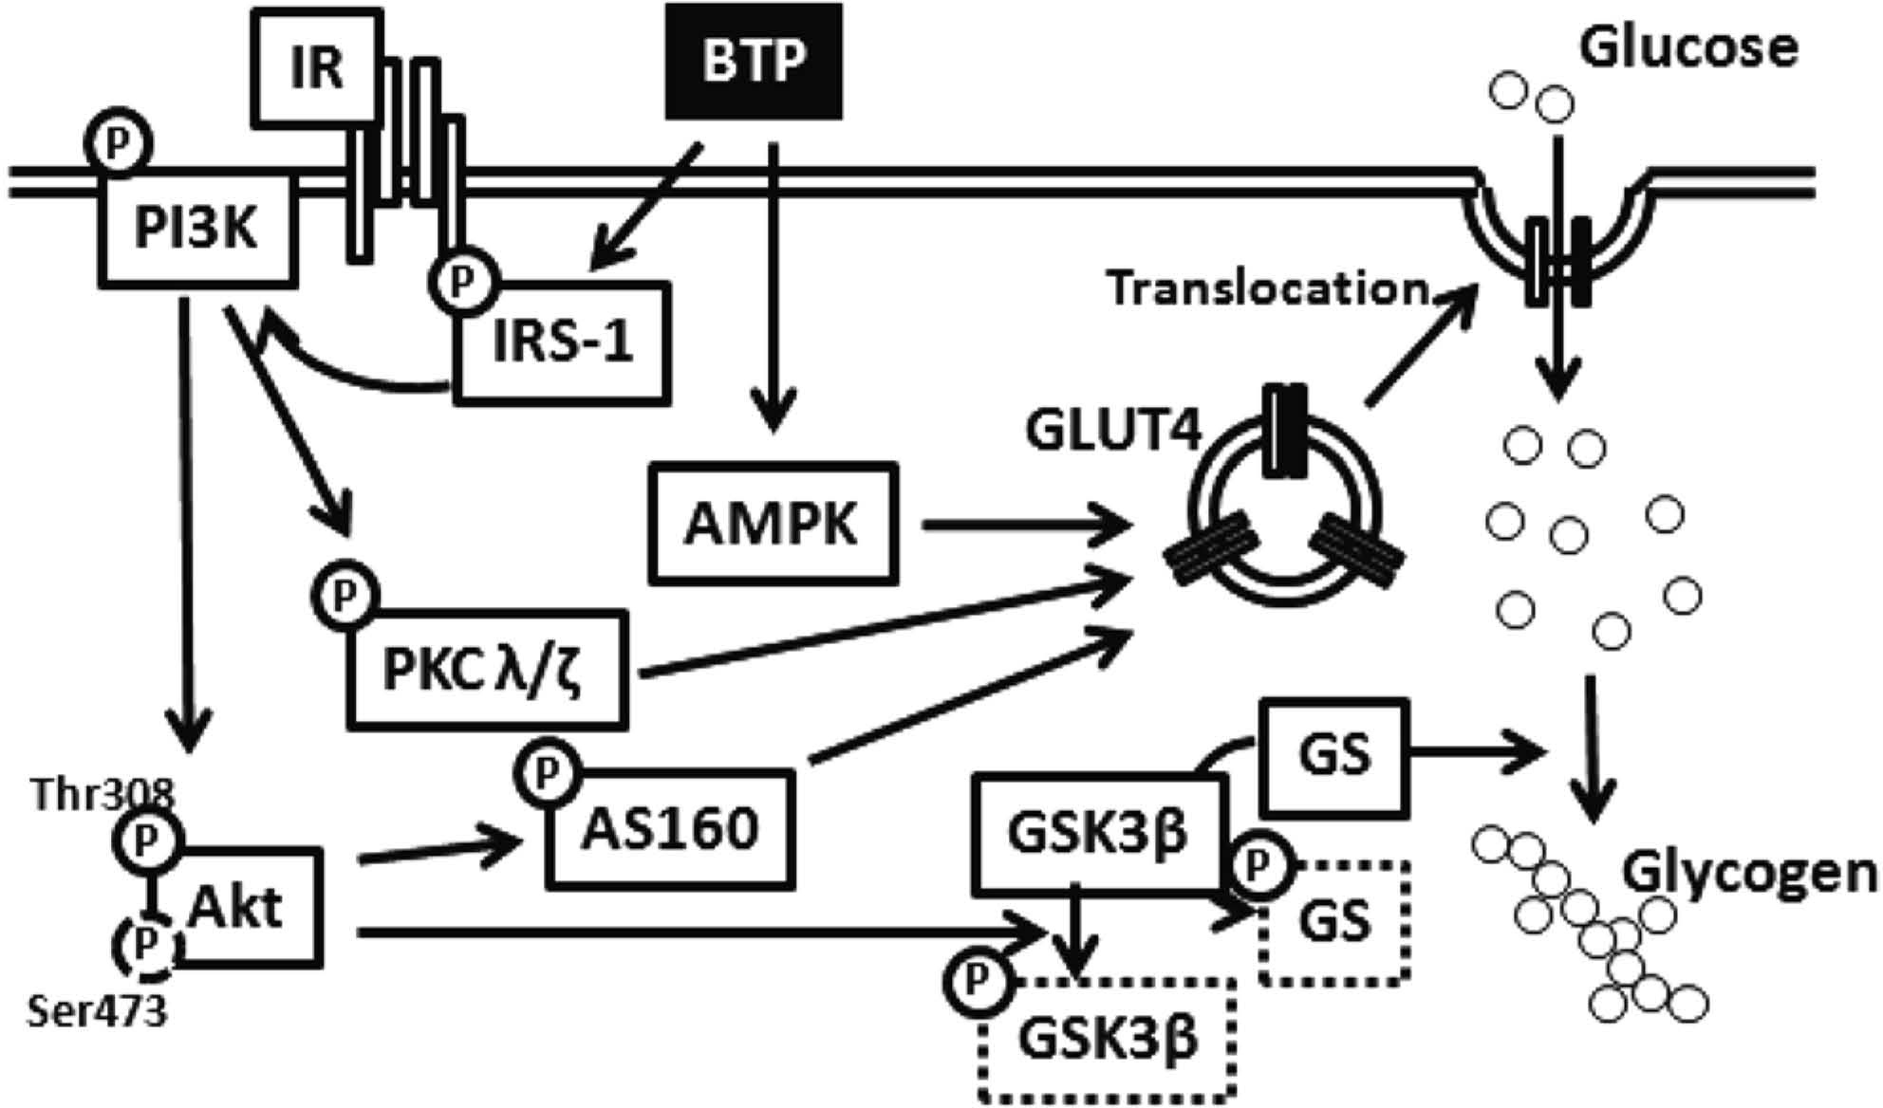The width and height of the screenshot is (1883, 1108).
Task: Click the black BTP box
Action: click(x=754, y=62)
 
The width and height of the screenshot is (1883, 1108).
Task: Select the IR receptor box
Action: click(x=316, y=66)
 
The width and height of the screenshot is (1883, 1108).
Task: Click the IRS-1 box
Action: click(x=562, y=342)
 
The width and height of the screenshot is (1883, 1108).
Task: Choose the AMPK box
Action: click(x=773, y=523)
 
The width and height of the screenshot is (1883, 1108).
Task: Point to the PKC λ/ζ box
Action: click(x=488, y=671)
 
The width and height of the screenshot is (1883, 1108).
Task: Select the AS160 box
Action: click(x=670, y=828)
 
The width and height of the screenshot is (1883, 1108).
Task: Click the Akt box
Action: click(x=249, y=907)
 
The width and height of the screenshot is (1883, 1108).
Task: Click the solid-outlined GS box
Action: click(x=1334, y=758)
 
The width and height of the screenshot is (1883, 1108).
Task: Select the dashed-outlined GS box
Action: click(x=1334, y=922)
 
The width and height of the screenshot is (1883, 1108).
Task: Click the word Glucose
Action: click(x=1688, y=46)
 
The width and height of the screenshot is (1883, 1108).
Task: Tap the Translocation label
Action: click(x=1268, y=288)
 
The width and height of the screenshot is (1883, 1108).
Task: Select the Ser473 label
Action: click(x=97, y=1011)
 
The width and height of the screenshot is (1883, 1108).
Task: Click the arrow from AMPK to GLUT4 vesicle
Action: click(x=1029, y=523)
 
